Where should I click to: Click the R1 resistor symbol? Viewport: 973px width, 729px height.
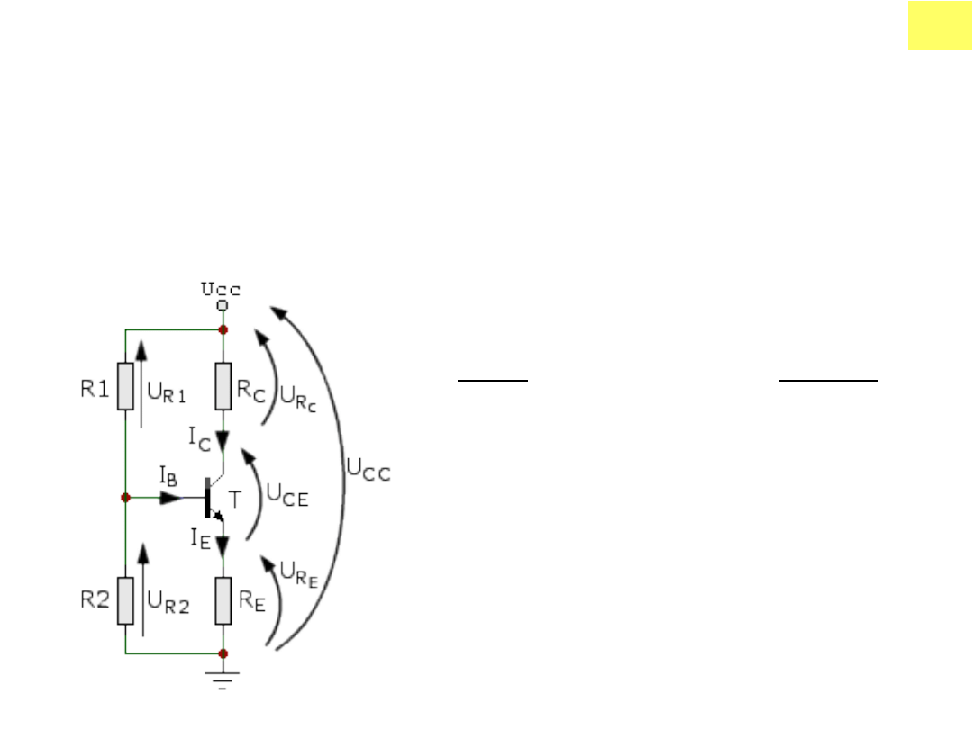tap(125, 386)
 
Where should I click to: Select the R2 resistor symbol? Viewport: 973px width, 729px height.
tap(125, 600)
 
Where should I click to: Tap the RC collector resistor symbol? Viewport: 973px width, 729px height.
tap(223, 386)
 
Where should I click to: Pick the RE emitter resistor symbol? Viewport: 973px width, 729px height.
tap(223, 600)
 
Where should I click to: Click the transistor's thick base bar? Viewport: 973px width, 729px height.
tap(208, 497)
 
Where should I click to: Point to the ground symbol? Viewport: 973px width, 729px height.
tap(223, 680)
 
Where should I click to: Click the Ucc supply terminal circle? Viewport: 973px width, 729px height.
tap(223, 305)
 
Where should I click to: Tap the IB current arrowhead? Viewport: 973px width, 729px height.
tap(171, 497)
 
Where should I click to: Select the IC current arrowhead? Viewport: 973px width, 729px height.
tap(223, 441)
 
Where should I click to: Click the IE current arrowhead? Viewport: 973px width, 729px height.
tap(223, 545)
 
